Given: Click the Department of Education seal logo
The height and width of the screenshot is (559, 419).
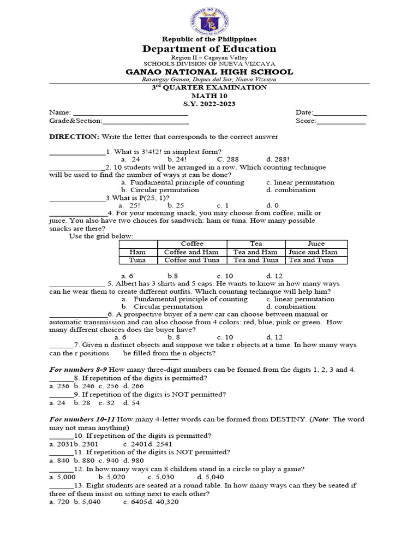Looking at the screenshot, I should click(209, 20).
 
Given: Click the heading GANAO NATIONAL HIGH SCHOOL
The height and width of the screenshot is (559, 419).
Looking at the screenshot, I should click(209, 72).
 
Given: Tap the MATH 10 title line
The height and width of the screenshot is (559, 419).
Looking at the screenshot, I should click(209, 96).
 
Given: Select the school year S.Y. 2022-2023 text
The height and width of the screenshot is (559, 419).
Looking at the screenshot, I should click(209, 104).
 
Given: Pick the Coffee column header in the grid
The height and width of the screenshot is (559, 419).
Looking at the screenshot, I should click(192, 243).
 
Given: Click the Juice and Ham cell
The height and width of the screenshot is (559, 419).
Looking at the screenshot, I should click(316, 252).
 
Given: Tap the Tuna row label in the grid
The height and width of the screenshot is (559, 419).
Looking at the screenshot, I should click(138, 260).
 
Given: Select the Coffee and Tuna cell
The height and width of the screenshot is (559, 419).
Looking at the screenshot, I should click(192, 260).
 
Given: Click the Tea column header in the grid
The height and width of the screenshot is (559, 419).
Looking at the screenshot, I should click(255, 243).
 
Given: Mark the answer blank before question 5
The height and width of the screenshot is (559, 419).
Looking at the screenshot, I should click(76, 284).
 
